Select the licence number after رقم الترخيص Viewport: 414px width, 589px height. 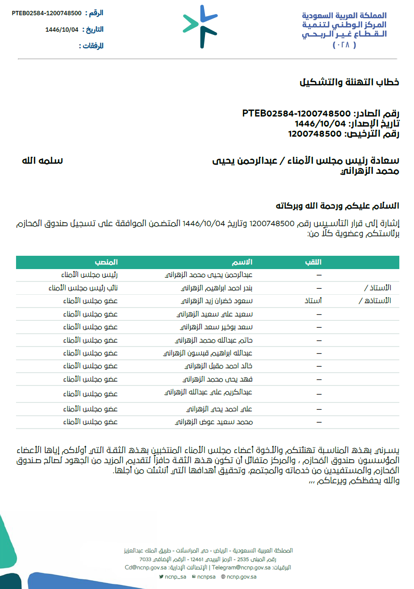click(x=315, y=134)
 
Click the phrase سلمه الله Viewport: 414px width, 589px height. click(x=43, y=161)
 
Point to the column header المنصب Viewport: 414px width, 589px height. click(x=106, y=262)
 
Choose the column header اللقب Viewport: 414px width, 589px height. click(x=314, y=262)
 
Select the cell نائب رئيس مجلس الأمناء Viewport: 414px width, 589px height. click(x=83, y=288)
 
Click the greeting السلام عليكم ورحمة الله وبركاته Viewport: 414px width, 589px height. click(x=337, y=206)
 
